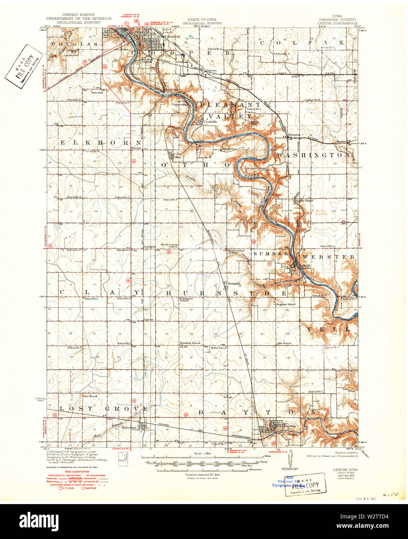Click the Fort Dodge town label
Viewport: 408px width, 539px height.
point(169,36)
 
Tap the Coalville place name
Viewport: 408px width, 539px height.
point(211,121)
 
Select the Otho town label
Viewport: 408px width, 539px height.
point(178,157)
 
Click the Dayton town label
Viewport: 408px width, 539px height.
point(289,426)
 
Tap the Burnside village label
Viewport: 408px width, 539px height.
point(234,283)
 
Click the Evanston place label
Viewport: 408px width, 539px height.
point(294,135)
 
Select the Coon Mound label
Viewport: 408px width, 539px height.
point(90,396)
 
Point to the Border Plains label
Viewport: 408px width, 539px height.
point(304,201)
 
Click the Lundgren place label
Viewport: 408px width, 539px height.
point(150,246)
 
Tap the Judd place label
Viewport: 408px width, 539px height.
point(295,77)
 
